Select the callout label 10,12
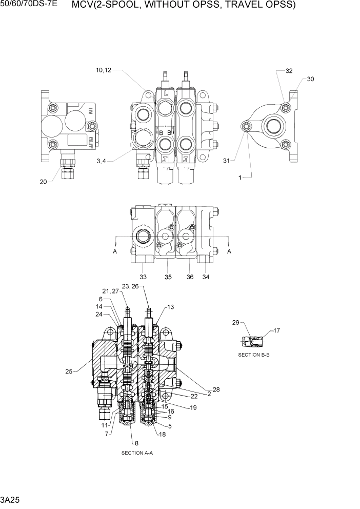point(103,70)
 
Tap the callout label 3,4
point(102,162)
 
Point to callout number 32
point(289,71)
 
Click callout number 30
point(310,79)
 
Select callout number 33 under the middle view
point(143,277)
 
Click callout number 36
point(190,277)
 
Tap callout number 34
point(206,277)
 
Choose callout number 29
point(235,323)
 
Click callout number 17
point(276,330)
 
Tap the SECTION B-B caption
point(254,355)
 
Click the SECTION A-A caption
point(137,453)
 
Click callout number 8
point(136,443)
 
